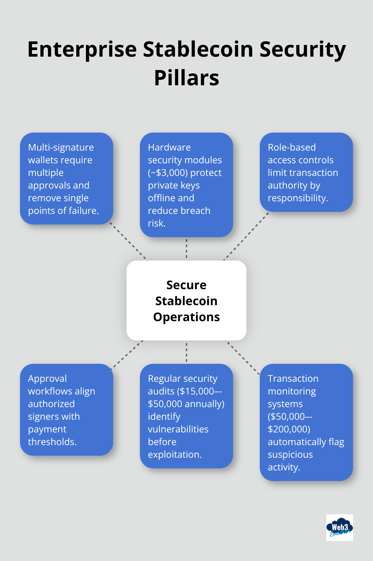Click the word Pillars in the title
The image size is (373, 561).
point(186,78)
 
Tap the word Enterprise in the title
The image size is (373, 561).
point(82,49)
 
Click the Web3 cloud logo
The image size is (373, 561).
point(339,527)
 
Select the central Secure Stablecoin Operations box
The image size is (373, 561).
point(186,300)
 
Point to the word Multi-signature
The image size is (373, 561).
point(61,147)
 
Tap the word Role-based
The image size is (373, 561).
point(292,147)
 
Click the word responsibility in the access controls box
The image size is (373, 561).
point(297,198)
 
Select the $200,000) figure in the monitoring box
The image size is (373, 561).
point(289,429)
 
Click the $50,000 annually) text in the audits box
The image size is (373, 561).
point(186,404)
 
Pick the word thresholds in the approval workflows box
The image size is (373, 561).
point(52,442)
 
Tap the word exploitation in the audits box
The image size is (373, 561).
point(175,454)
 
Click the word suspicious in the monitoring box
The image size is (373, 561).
point(290,454)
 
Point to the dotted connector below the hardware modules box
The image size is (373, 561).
point(186,249)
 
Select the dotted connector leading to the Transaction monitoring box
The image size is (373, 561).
point(242,357)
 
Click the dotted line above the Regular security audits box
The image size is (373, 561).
point(186,352)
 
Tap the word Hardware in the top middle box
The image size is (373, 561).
point(169,147)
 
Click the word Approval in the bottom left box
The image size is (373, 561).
point(47,378)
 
